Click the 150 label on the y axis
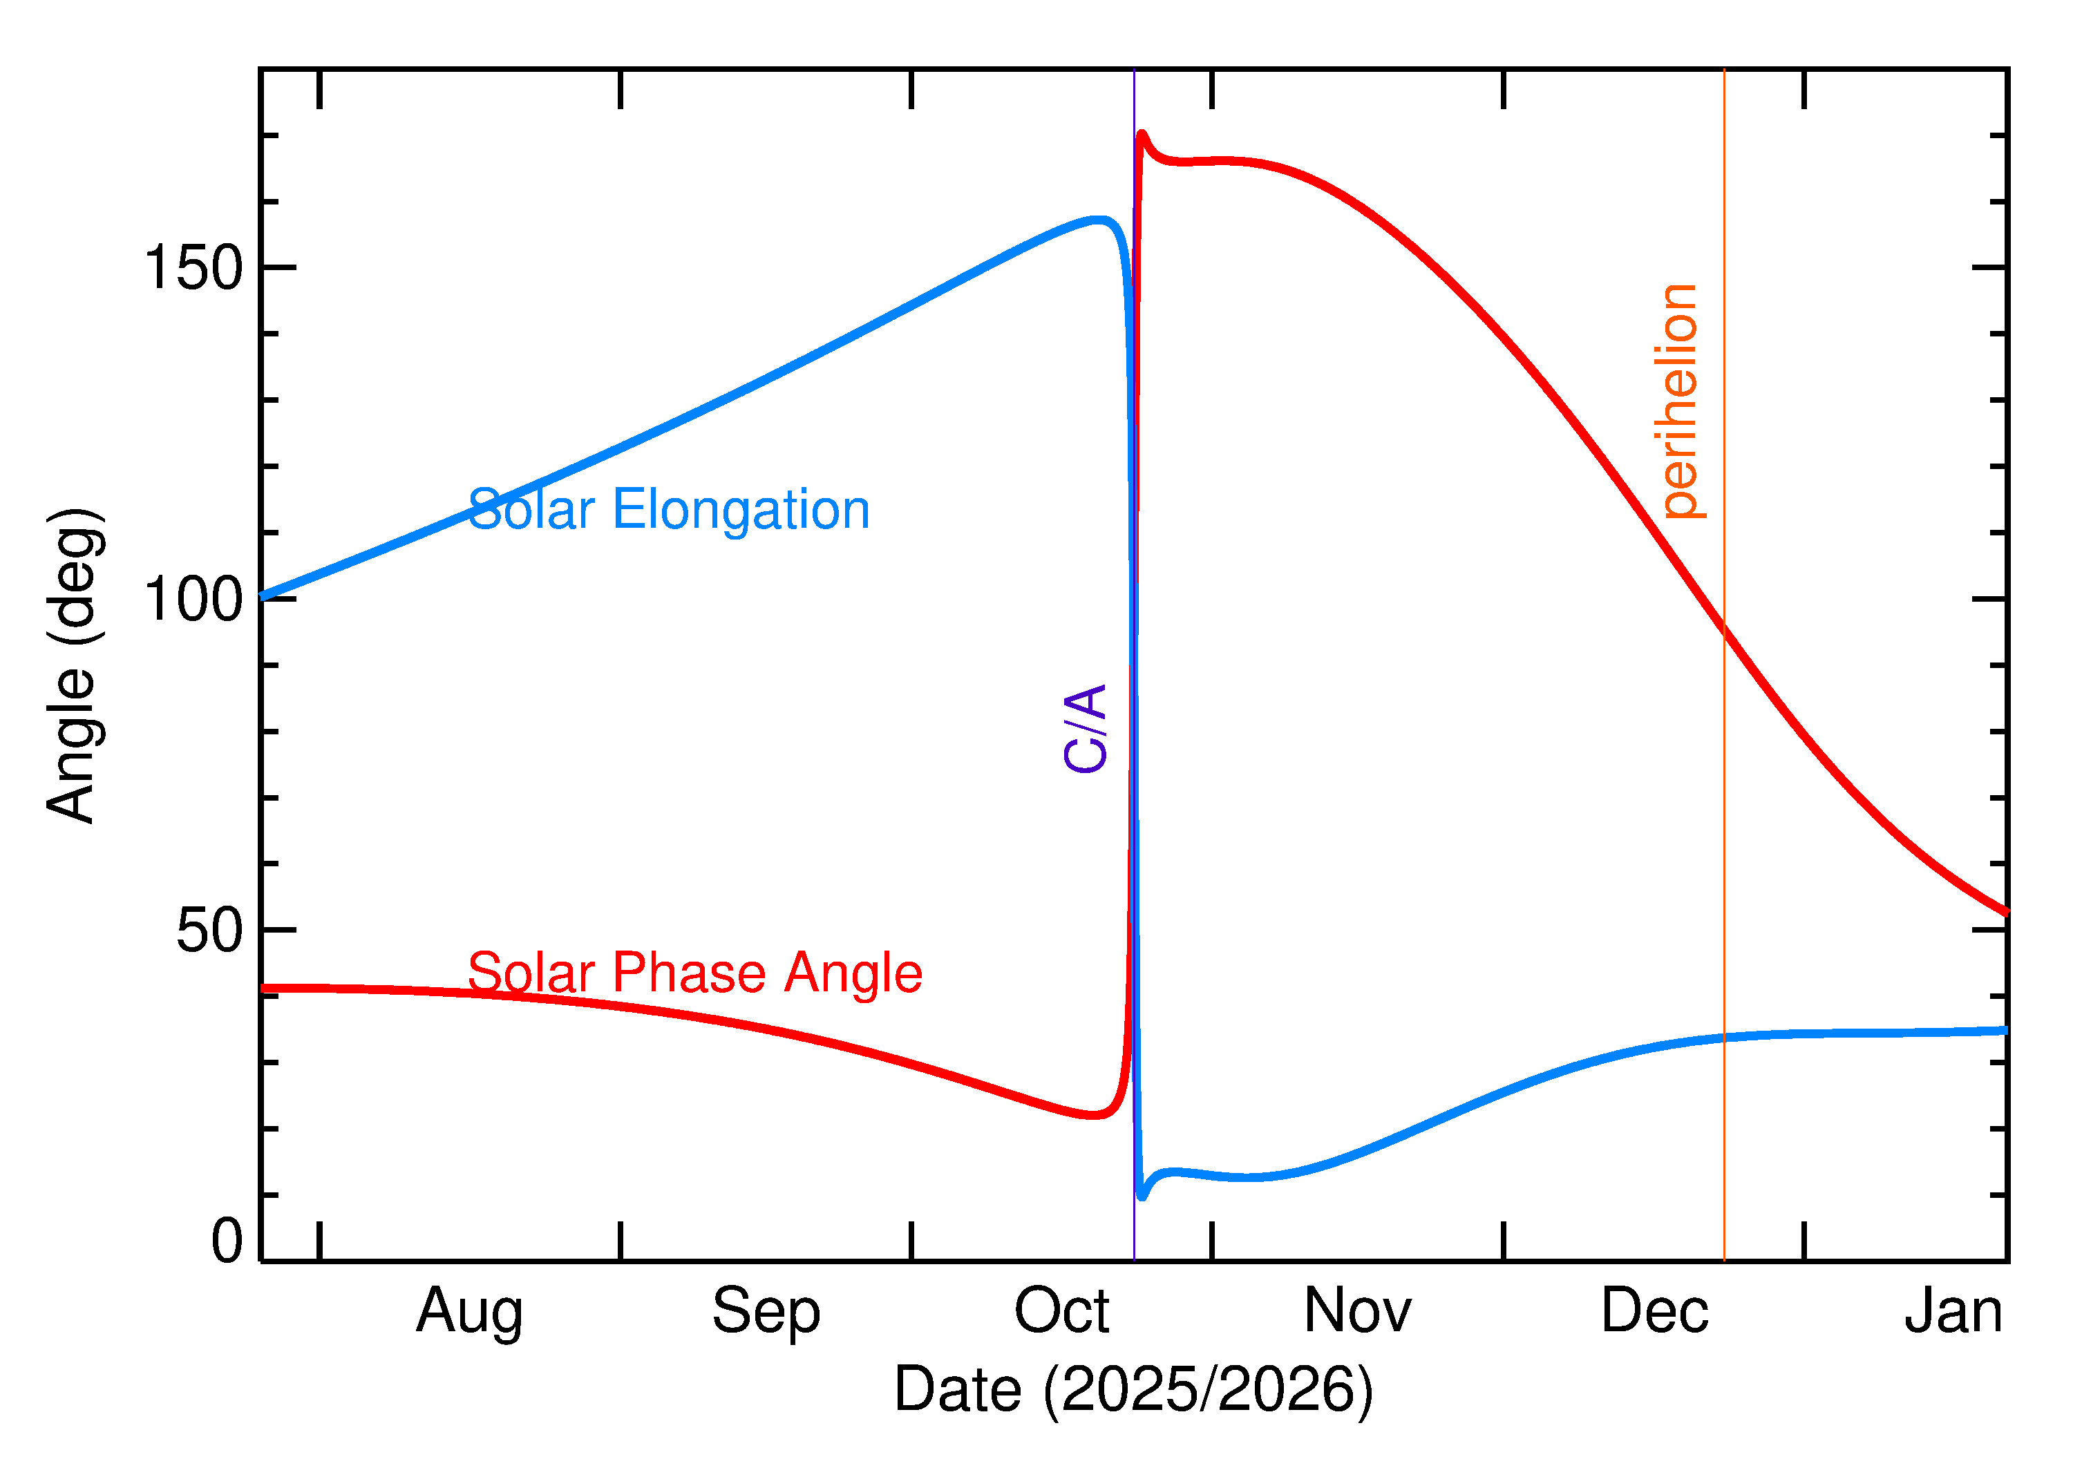pos(193,269)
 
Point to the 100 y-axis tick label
pos(193,600)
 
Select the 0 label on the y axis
pos(227,1241)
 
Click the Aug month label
pos(469,1312)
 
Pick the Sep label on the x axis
pos(766,1312)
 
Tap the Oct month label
pos(1061,1312)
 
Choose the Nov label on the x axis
pos(1357,1312)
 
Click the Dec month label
pos(1654,1312)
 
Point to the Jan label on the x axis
pos(1953,1312)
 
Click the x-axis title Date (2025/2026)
pos(1133,1390)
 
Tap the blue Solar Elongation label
pos(669,510)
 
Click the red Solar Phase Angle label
pos(694,973)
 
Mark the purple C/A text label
pos(1086,729)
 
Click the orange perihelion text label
pos(1679,402)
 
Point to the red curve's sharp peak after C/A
pos(1142,135)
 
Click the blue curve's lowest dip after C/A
pos(1142,1197)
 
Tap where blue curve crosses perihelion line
pos(1724,1038)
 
